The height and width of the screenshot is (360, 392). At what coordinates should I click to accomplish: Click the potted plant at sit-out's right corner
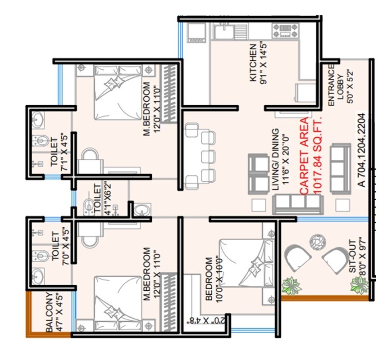359,284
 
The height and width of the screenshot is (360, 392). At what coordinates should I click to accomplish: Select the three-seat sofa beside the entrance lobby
340,168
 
